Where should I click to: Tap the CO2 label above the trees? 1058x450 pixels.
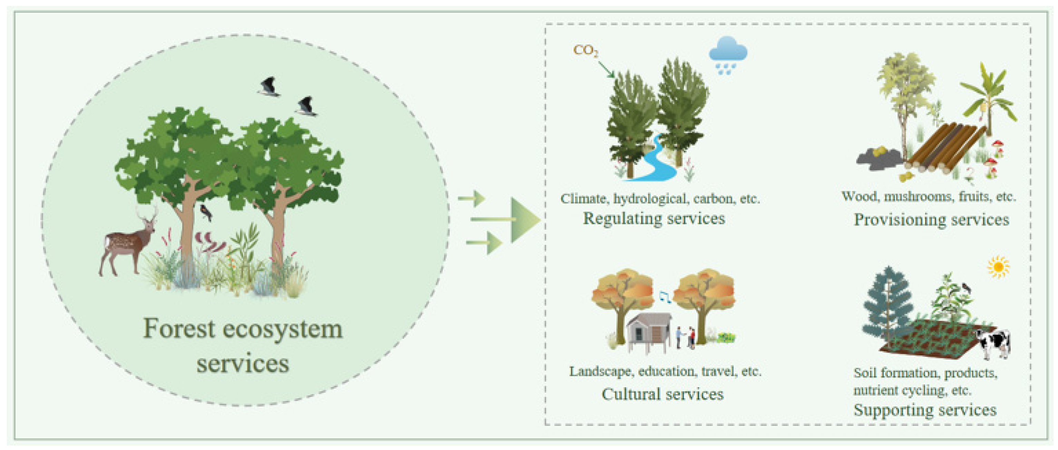click(x=585, y=51)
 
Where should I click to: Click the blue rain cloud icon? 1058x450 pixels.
click(x=728, y=53)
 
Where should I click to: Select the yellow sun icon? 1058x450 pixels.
click(x=998, y=267)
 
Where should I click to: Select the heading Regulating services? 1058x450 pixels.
click(x=654, y=218)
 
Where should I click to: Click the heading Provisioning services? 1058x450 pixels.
click(x=931, y=220)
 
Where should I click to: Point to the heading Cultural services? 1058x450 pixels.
click(x=662, y=394)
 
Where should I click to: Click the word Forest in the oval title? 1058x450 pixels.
click(x=179, y=329)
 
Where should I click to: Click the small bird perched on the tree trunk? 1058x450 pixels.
click(x=205, y=212)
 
